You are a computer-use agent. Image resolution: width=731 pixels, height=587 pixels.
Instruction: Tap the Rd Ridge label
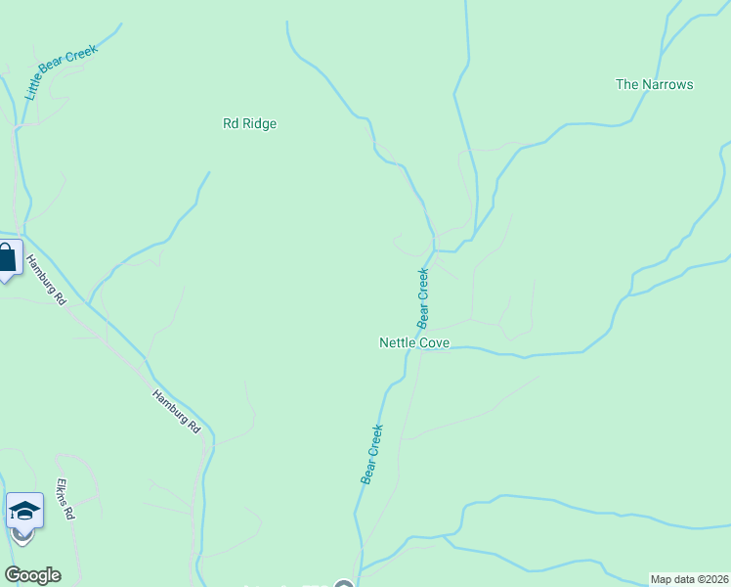click(x=250, y=124)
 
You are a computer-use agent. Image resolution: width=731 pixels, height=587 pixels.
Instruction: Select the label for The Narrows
click(x=654, y=84)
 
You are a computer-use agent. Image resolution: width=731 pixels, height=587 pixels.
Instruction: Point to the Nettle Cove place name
click(x=414, y=343)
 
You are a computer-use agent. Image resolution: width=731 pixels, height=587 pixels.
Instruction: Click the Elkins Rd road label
click(x=65, y=499)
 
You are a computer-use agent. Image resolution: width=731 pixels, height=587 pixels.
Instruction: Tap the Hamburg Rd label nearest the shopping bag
click(x=44, y=280)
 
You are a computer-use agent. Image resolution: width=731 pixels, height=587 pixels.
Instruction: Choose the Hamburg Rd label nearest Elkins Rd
click(x=176, y=412)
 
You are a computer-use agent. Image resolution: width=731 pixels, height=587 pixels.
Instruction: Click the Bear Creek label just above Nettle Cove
click(x=424, y=297)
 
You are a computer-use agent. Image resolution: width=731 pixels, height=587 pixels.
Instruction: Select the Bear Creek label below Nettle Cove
click(x=372, y=454)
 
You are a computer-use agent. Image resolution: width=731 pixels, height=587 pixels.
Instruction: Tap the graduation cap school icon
click(x=24, y=511)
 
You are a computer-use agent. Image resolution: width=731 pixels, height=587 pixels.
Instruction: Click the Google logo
click(x=32, y=575)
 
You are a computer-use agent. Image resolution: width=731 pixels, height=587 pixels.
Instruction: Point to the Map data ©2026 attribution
click(x=690, y=579)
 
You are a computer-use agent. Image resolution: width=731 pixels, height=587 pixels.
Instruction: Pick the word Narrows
click(x=667, y=84)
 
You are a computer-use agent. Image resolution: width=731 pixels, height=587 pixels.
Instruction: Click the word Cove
click(x=434, y=343)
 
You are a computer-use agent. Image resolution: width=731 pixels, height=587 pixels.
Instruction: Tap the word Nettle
click(x=398, y=343)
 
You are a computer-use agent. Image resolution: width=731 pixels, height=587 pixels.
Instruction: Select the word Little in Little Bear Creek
click(x=33, y=86)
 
